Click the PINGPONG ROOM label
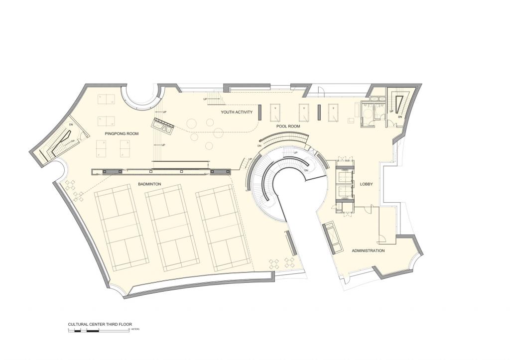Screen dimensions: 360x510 coord(121,134)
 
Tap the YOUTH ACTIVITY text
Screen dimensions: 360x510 coord(237,113)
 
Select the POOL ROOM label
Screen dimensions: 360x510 coord(288,126)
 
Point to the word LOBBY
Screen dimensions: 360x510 coord(366,184)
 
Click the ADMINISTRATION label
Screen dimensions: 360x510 coord(368,250)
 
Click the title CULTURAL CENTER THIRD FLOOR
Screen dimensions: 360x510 coord(100,324)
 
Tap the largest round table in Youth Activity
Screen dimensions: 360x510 coord(192,122)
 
